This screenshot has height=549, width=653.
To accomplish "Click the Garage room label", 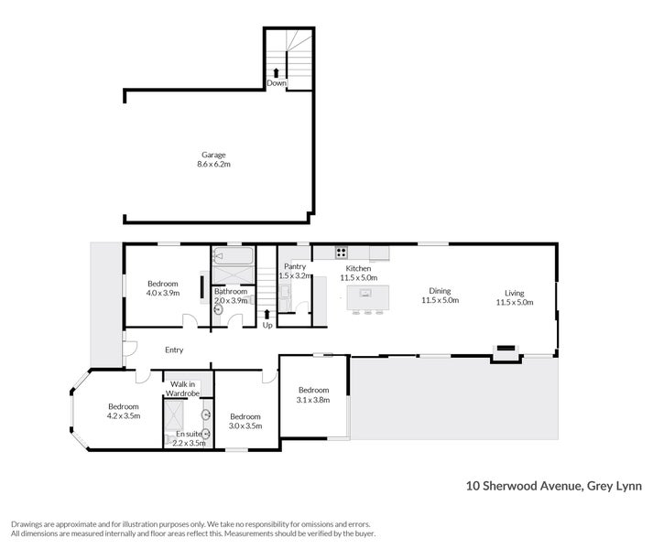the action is (x=213, y=155).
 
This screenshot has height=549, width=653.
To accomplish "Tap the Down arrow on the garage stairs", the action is (x=276, y=74).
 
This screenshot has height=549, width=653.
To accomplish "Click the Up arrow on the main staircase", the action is (x=267, y=314).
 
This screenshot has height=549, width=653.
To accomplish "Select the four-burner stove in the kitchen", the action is (x=341, y=253).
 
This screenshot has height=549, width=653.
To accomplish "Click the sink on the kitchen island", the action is (x=365, y=293).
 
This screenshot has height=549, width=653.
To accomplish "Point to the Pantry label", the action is (x=295, y=266).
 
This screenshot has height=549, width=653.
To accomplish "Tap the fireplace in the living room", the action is (x=506, y=348).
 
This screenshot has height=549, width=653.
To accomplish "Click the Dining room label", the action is (x=440, y=291).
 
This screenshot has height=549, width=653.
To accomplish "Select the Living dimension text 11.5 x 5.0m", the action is (x=515, y=302).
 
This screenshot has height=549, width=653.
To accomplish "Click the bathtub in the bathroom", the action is (x=234, y=256).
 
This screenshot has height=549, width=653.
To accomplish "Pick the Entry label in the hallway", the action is (x=174, y=350).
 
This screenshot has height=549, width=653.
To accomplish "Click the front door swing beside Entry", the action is (x=129, y=349).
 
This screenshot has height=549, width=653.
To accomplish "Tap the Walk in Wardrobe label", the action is (x=182, y=389).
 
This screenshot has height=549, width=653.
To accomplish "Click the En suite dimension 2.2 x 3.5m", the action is (x=189, y=443).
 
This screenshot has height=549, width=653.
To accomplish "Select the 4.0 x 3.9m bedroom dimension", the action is (x=163, y=293).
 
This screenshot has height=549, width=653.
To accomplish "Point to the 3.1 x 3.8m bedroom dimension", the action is (x=313, y=400).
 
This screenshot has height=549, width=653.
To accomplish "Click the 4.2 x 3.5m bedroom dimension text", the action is (x=124, y=415).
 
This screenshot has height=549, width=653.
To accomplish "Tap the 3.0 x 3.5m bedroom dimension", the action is (x=245, y=425).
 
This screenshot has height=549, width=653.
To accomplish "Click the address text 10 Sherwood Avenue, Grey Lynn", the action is (x=554, y=486).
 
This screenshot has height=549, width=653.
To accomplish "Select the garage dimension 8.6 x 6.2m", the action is (x=213, y=164).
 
